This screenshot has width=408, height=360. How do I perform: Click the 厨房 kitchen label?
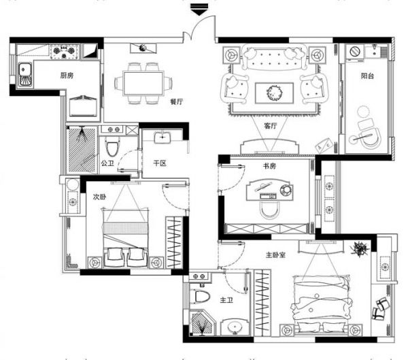(67, 76)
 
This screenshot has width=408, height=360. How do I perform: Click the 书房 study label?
(269, 165)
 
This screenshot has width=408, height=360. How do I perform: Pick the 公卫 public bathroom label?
(107, 163)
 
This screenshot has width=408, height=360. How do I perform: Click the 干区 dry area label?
(159, 163)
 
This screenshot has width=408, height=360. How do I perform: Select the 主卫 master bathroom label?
(226, 300)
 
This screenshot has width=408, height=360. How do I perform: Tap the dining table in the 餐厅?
(143, 83)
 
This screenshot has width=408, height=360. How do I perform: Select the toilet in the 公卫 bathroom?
(112, 146)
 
